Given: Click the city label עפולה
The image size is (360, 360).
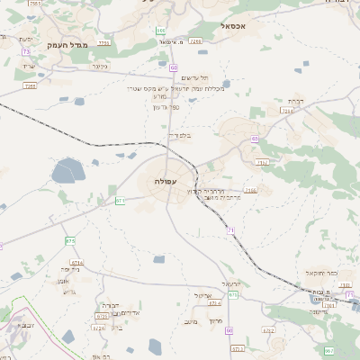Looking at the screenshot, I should (165, 182).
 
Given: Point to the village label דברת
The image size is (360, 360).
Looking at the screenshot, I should (294, 101).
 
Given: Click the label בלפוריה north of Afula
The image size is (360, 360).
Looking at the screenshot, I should (181, 136).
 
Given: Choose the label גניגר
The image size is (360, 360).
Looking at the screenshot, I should (100, 66).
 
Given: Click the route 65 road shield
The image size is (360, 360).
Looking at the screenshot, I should (255, 139).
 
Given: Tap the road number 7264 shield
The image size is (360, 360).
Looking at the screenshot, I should (287, 111).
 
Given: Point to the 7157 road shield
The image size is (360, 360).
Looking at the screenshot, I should (262, 162).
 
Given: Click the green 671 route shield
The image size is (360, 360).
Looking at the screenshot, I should (119, 201).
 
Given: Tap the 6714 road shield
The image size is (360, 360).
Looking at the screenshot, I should (76, 262).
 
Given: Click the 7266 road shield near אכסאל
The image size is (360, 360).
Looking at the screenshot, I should (195, 40).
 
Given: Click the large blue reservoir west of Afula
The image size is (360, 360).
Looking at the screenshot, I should (68, 170).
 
